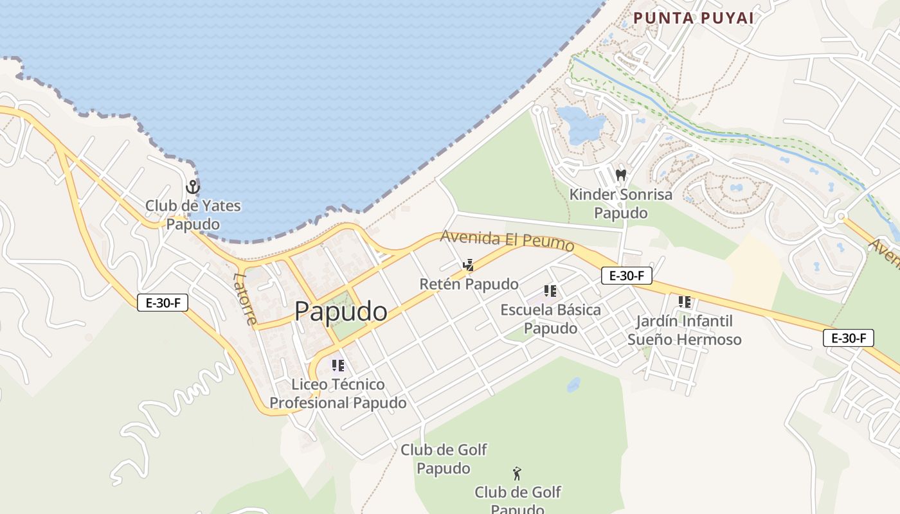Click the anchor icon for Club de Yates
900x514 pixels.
pyautogui.click(x=192, y=187)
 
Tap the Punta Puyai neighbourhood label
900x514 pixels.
pyautogui.click(x=693, y=18)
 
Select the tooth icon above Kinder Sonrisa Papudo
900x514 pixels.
pyautogui.click(x=620, y=174)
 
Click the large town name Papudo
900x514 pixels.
pyautogui.click(x=341, y=312)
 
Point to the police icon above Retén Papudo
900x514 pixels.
pyautogui.click(x=468, y=265)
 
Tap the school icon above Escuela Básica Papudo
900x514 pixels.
pyautogui.click(x=550, y=291)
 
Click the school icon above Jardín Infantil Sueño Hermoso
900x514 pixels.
pyautogui.click(x=685, y=301)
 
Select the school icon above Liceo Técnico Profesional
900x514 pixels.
pyautogui.click(x=338, y=366)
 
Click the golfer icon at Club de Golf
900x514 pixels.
pyautogui.click(x=517, y=474)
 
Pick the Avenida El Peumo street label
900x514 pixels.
pyautogui.click(x=507, y=241)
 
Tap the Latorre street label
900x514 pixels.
pyautogui.click(x=245, y=299)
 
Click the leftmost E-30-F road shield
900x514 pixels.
pyautogui.click(x=163, y=303)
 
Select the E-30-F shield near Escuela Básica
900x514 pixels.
pyautogui.click(x=627, y=276)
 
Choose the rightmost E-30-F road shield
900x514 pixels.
pyautogui.click(x=849, y=337)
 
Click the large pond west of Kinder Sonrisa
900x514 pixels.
pyautogui.click(x=580, y=125)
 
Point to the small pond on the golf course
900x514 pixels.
pyautogui.click(x=573, y=385)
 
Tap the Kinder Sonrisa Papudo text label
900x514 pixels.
pyautogui.click(x=620, y=203)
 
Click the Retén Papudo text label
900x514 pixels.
pyautogui.click(x=469, y=284)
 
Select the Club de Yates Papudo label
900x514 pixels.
pyautogui.click(x=193, y=215)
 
